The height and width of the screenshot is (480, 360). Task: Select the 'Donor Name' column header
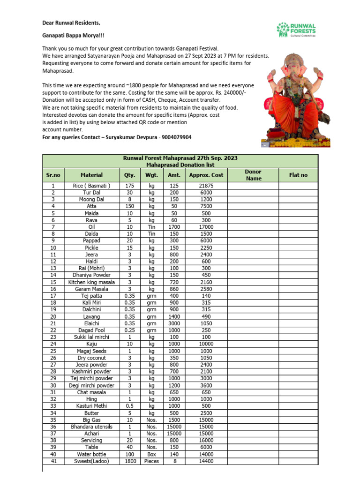tap(254, 175)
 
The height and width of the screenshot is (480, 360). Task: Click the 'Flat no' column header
tap(299, 175)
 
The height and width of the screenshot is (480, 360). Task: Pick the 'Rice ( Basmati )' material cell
tap(91, 186)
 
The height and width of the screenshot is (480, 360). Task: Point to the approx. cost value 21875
tap(206, 186)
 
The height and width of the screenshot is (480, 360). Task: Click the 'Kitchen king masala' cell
tap(91, 282)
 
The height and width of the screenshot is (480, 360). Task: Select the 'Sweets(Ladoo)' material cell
tap(91, 461)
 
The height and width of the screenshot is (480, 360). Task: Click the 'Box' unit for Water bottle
tap(151, 454)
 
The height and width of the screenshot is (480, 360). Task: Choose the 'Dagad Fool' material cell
tap(91, 330)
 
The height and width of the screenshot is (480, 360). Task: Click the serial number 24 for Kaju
tap(53, 344)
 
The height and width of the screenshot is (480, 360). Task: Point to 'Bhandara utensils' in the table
tap(91, 427)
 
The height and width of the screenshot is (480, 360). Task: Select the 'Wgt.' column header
tap(151, 175)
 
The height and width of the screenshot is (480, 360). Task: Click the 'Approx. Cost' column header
tap(206, 175)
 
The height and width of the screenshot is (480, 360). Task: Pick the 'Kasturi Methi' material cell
tap(91, 406)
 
